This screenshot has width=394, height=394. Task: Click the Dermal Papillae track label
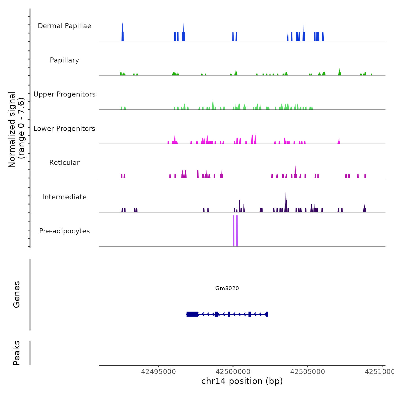pyautogui.click(x=64, y=26)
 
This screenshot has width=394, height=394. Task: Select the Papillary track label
pyautogui.click(x=64, y=60)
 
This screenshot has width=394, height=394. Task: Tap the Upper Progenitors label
pyautogui.click(x=64, y=94)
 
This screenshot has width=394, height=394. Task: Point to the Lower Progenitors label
pyautogui.click(x=64, y=129)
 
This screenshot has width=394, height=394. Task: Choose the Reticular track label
pyautogui.click(x=64, y=163)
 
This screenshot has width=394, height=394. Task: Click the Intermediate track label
pyautogui.click(x=64, y=197)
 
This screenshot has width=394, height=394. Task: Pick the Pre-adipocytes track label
pyautogui.click(x=64, y=231)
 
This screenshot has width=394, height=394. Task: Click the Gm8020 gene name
pyautogui.click(x=227, y=288)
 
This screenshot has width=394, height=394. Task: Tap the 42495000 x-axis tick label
pyautogui.click(x=158, y=372)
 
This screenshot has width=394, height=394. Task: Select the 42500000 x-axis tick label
pyautogui.click(x=233, y=372)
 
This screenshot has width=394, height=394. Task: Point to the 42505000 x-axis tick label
pyautogui.click(x=308, y=372)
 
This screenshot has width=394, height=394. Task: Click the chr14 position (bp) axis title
pyautogui.click(x=242, y=381)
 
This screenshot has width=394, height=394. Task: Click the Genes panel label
pyautogui.click(x=17, y=294)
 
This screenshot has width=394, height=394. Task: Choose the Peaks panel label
pyautogui.click(x=17, y=353)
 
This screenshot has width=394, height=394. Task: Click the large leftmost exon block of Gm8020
pyautogui.click(x=192, y=314)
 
